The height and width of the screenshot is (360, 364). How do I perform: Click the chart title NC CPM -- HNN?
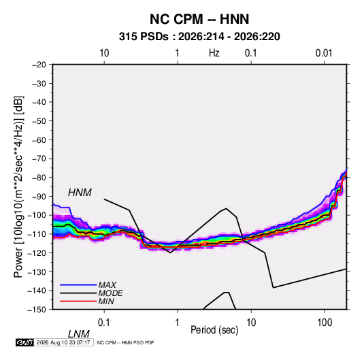pos(199,19)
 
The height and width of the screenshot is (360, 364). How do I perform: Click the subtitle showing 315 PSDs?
pos(199,37)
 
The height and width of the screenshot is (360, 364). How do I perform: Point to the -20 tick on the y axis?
pos(39,65)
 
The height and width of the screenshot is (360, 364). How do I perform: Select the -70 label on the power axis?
pos(39,159)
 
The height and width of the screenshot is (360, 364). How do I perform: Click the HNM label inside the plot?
pos(80,193)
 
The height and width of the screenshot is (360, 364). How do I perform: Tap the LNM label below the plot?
pos(79,334)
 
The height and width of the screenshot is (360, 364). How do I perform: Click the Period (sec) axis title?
pos(214,330)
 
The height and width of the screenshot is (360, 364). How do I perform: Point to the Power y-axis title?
pos(18,187)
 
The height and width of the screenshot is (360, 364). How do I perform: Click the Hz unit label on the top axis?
pos(214,53)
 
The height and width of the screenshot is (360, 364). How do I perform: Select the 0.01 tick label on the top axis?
pos(324,53)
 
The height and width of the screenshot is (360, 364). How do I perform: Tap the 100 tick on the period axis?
pos(325,323)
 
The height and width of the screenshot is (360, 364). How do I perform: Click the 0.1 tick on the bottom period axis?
pos(104,323)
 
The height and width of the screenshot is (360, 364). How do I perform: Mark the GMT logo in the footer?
pos(24,342)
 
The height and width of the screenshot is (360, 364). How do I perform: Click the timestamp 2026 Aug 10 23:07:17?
pos(63,342)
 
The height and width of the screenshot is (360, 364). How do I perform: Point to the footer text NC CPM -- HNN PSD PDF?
pos(125,342)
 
